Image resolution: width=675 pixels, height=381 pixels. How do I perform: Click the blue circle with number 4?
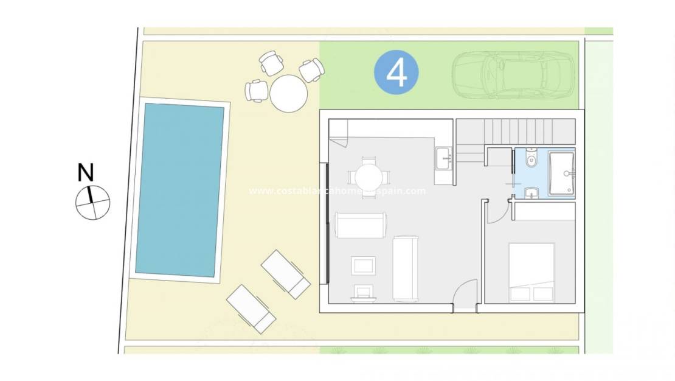(396, 72)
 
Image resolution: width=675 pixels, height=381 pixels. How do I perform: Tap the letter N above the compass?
(86, 173)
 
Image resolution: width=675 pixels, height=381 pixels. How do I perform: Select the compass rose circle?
(92, 201)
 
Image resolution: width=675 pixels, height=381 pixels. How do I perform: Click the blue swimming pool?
(179, 189)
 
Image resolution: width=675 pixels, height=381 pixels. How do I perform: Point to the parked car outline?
(513, 74)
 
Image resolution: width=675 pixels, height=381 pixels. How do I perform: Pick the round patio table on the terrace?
(288, 93)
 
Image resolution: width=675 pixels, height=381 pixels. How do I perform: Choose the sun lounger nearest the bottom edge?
(251, 308)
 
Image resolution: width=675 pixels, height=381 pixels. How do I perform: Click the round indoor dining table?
(369, 177)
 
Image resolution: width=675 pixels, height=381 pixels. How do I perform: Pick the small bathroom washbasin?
(531, 194)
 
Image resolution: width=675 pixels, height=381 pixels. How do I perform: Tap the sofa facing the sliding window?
(360, 225)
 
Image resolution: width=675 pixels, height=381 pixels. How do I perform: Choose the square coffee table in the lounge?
(364, 265)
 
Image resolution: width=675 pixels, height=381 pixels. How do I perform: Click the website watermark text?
(337, 190)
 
